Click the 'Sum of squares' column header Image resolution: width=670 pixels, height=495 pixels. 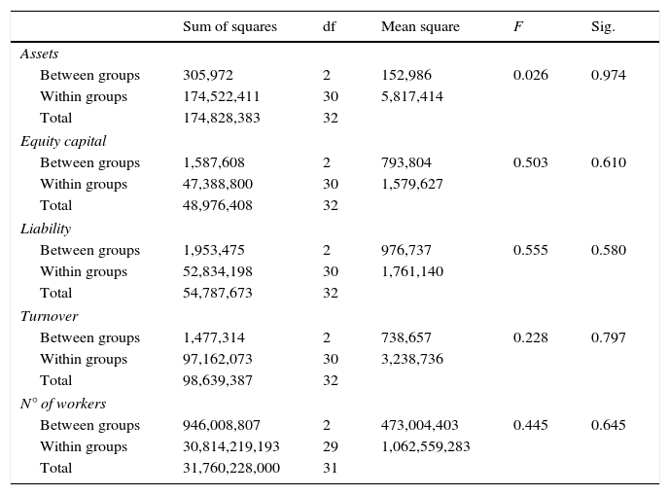tap(229, 27)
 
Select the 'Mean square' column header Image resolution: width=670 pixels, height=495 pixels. tap(420, 27)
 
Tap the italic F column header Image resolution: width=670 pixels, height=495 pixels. tap(517, 27)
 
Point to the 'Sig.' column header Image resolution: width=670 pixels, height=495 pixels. tap(603, 27)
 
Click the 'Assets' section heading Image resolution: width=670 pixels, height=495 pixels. tap(39, 53)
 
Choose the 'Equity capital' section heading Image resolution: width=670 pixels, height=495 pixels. tap(63, 141)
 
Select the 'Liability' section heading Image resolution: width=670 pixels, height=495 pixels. tap(46, 229)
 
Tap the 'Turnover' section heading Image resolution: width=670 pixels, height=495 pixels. tap(49, 316)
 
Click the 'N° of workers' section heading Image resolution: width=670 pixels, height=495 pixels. tap(63, 404)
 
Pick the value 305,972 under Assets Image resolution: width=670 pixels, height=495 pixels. tap(208, 75)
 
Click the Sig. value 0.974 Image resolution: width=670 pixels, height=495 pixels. tap(608, 75)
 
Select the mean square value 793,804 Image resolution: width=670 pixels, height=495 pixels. tap(406, 162)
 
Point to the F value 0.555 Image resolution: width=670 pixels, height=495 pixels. tap(530, 250)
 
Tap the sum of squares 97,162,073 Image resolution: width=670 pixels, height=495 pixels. tap(218, 359)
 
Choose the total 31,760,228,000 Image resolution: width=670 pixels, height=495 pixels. tap(231, 468)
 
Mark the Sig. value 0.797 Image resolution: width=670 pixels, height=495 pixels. tap(608, 337)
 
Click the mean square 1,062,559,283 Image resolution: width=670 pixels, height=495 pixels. tap(426, 446)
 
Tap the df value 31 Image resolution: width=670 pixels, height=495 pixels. tap(330, 468)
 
